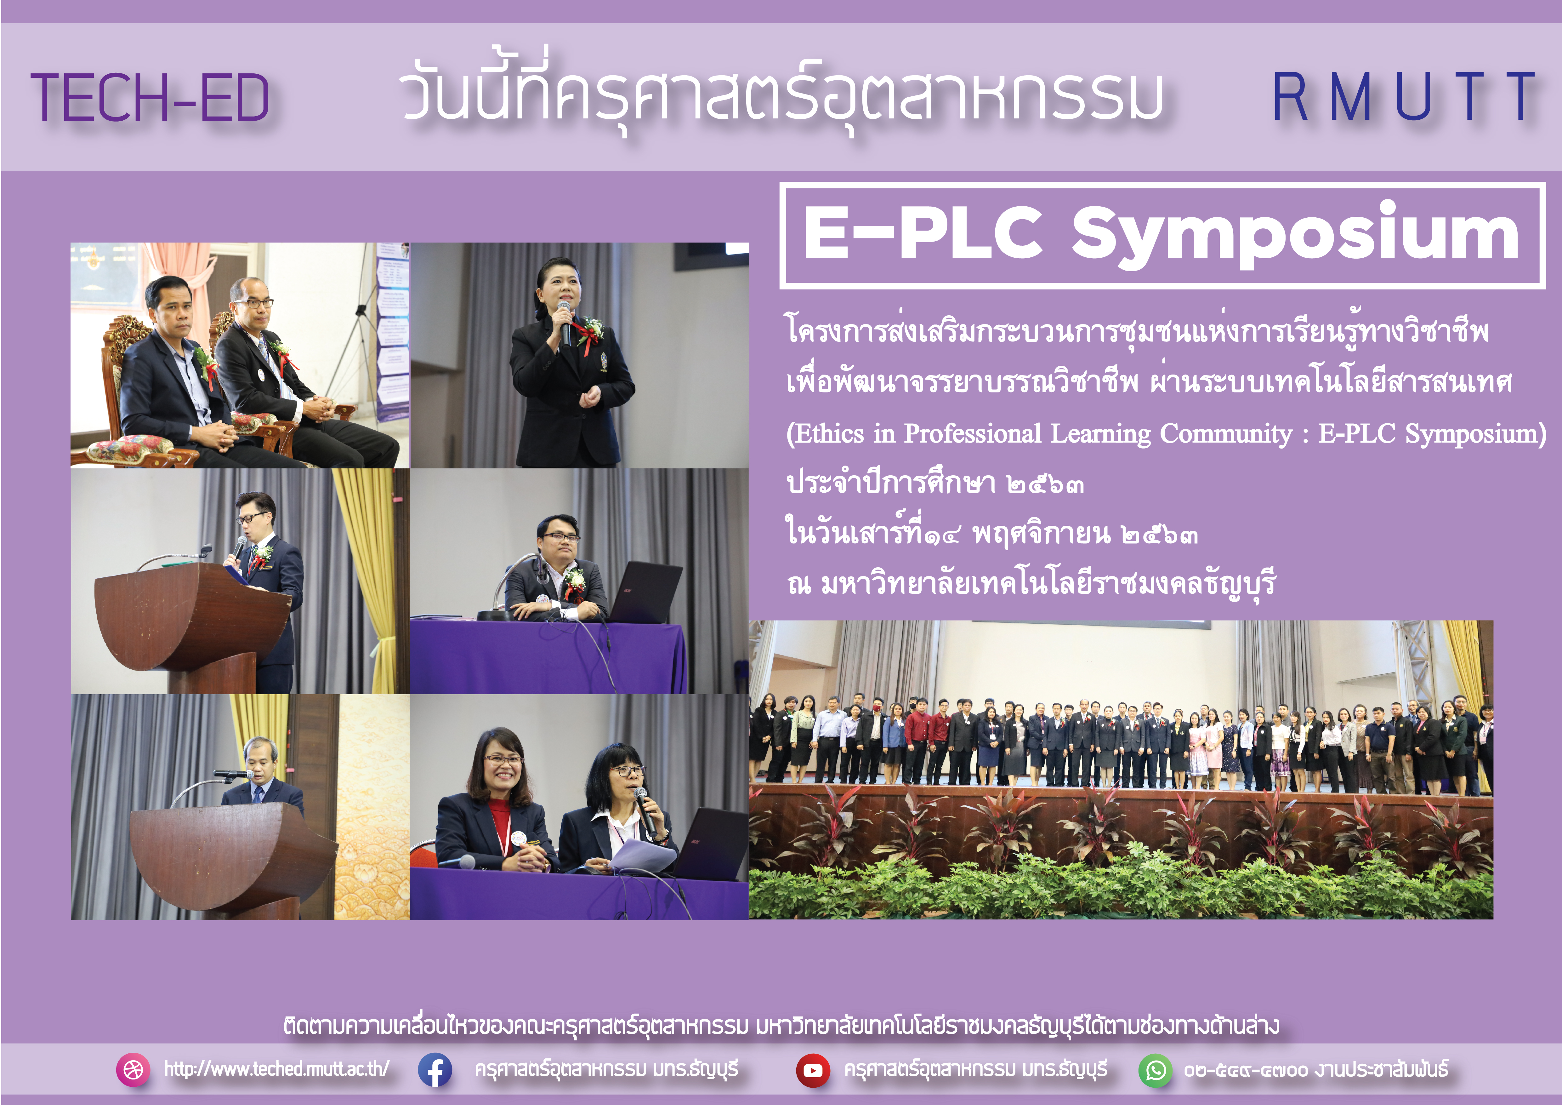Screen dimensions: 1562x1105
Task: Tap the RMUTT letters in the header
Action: (x=1404, y=97)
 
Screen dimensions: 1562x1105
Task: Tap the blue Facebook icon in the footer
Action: (x=435, y=1070)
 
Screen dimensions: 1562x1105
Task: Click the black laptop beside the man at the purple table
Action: (x=646, y=591)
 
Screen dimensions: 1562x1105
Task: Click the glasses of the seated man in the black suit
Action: (x=254, y=303)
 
